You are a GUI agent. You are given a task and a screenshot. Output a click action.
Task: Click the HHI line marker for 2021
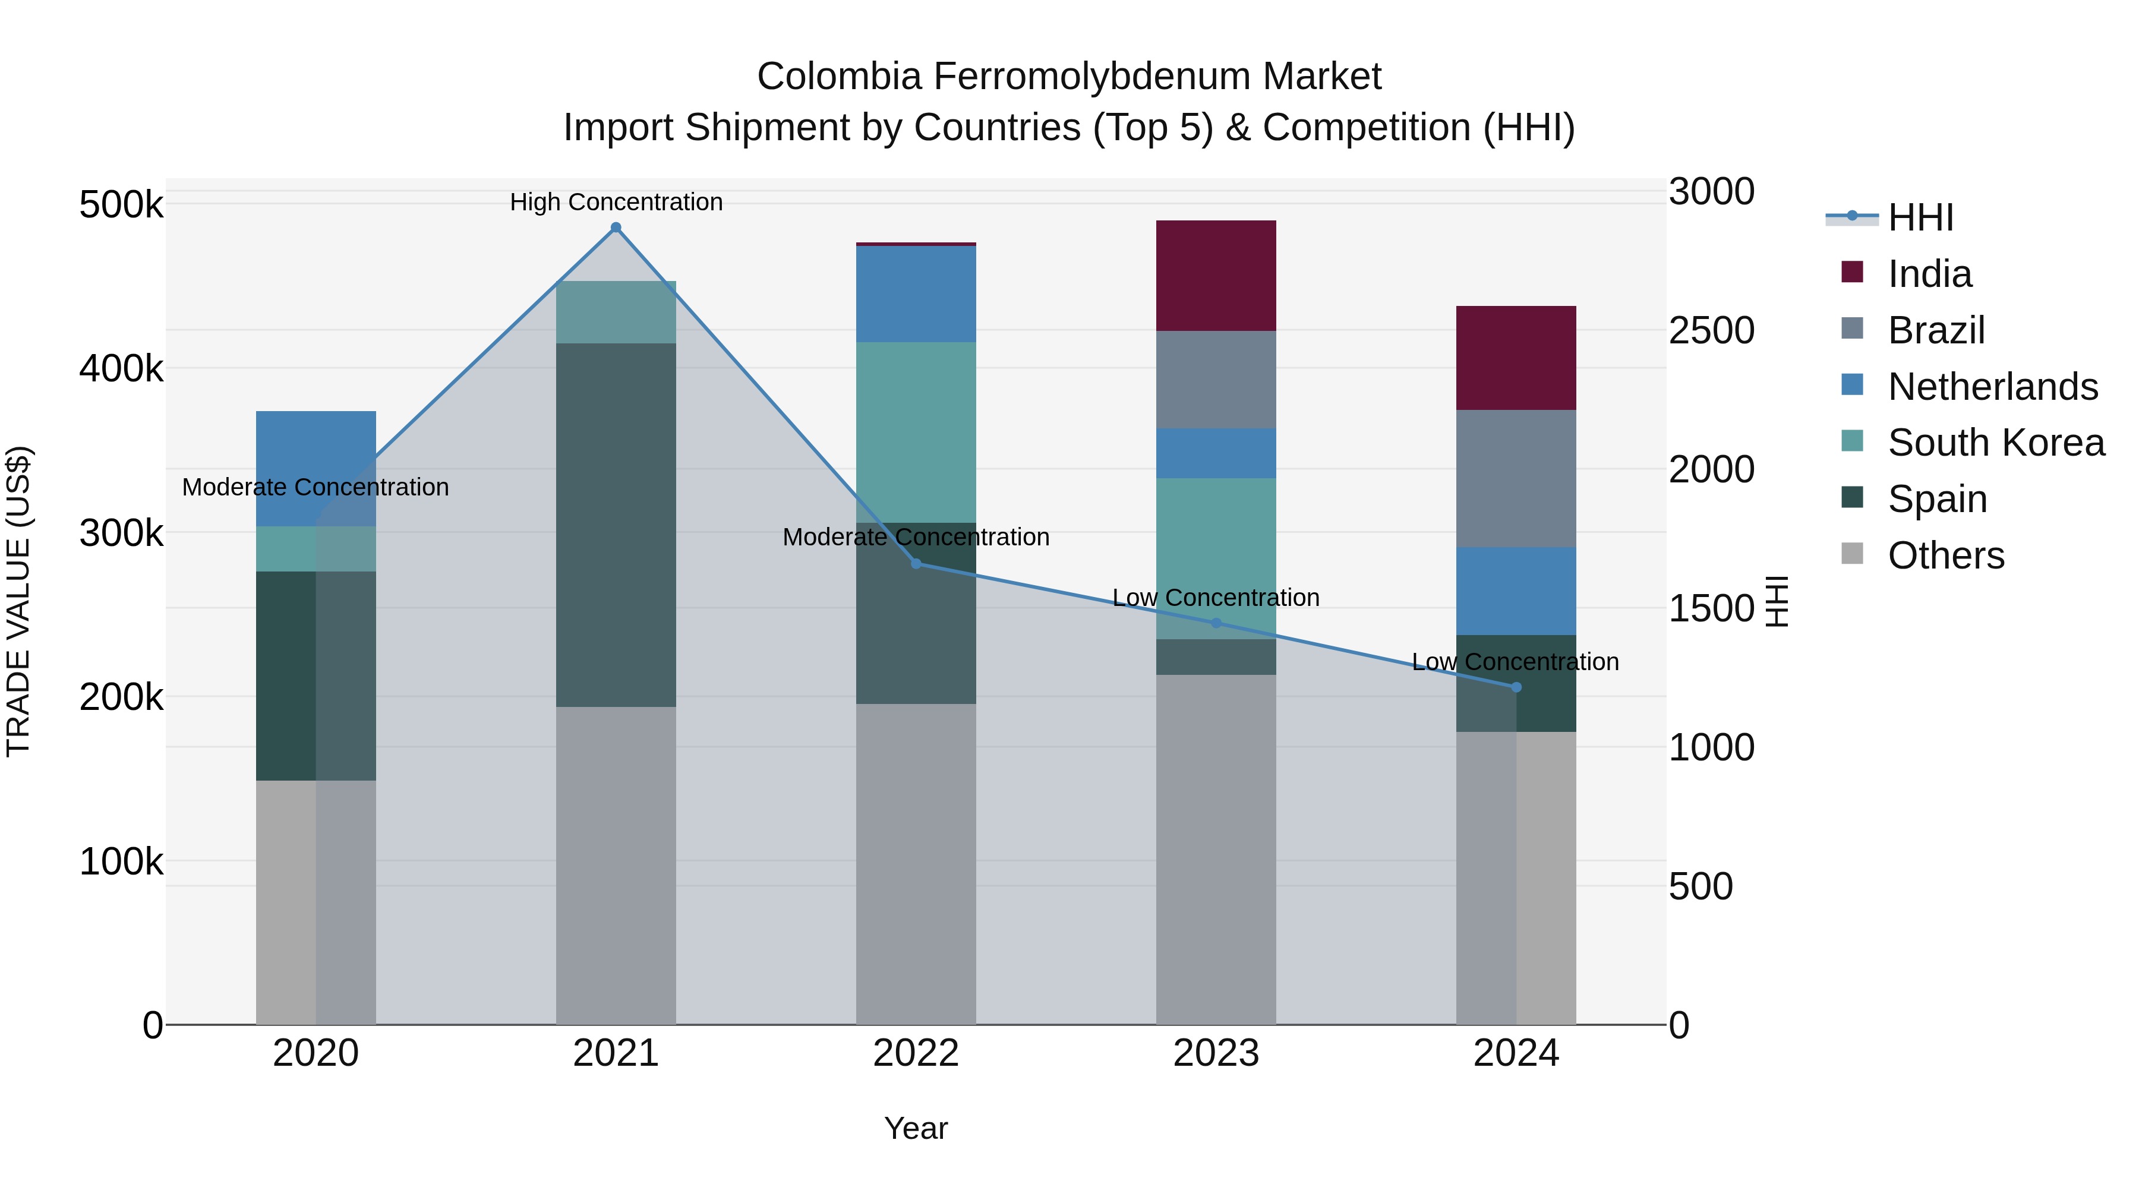[616, 228]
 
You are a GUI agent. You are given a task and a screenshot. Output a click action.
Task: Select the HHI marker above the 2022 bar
[916, 564]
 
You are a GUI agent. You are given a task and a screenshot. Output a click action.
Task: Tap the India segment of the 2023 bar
[1216, 276]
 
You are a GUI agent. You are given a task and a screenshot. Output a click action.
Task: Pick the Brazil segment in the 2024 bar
[1516, 478]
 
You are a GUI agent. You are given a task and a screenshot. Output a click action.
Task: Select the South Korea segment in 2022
[916, 432]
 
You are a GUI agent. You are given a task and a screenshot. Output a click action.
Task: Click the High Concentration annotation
[616, 203]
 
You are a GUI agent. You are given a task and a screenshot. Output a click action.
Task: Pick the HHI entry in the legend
[1920, 217]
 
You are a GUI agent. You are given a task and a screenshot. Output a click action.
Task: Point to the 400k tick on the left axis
[121, 368]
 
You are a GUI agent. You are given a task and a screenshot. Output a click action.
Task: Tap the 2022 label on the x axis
[916, 1053]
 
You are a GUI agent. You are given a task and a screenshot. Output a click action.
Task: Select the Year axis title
[915, 1128]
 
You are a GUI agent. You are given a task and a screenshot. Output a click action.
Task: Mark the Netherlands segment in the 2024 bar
[1516, 591]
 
